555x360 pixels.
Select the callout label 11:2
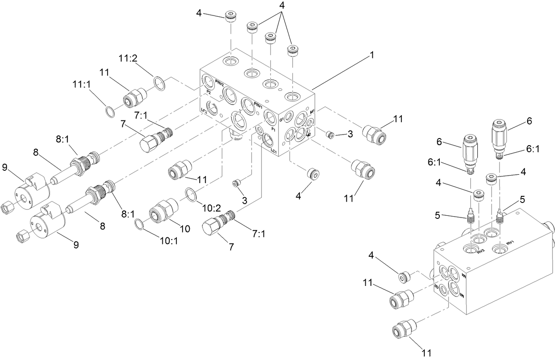point(129,58)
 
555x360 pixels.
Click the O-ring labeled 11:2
point(159,83)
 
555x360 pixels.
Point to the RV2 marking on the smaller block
point(480,251)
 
